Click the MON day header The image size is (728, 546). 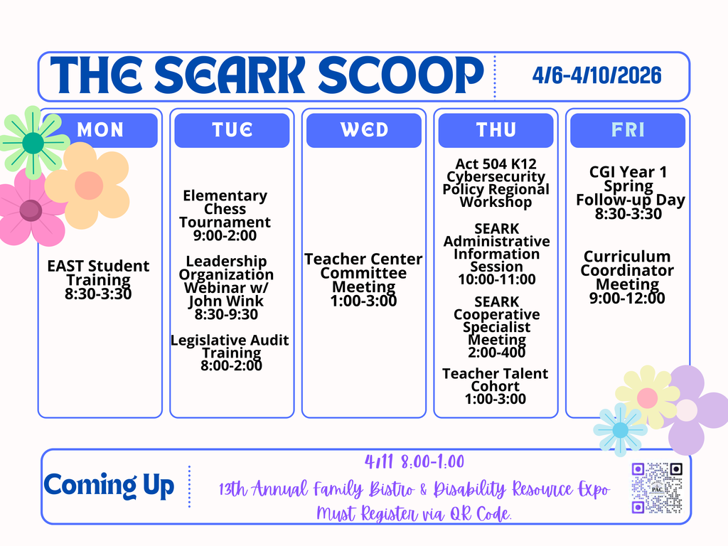click(100, 130)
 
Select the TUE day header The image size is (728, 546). click(232, 130)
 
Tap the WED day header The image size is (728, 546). click(364, 130)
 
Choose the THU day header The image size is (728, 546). click(496, 130)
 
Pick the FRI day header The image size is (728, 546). click(628, 130)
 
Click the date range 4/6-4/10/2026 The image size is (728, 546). click(596, 75)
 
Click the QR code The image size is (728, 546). click(657, 488)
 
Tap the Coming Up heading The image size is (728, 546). click(109, 486)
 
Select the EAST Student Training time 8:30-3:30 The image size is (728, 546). click(98, 294)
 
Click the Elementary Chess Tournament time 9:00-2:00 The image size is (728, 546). click(225, 236)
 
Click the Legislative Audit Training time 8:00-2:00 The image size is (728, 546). click(230, 366)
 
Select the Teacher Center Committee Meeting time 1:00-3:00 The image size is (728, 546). click(364, 301)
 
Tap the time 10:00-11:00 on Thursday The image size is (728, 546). click(497, 279)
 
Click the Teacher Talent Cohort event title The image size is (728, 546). click(496, 380)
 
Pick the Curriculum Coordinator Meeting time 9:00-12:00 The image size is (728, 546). click(627, 298)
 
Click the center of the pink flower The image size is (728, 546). click(31, 210)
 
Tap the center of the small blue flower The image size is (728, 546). click(620, 430)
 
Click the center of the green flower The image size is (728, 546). click(33, 143)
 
